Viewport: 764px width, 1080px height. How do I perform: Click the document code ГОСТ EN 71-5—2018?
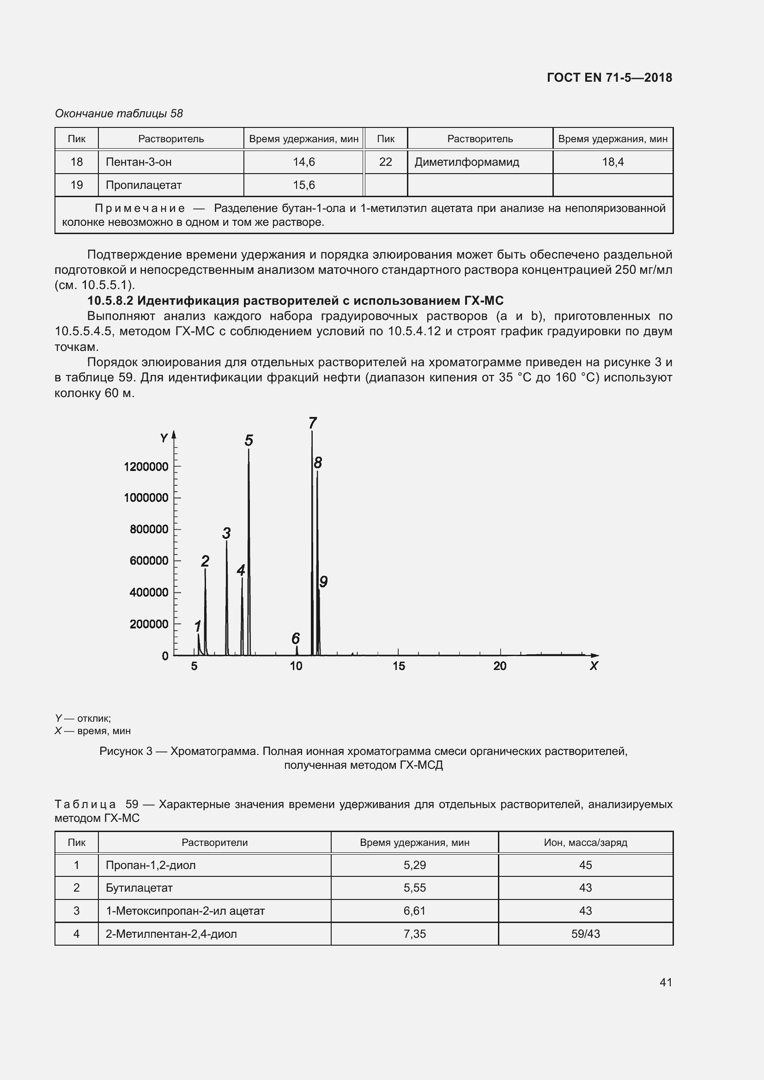[x=609, y=78]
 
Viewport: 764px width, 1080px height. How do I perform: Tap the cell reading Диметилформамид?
[x=467, y=162]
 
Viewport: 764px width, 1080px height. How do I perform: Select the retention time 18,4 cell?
[x=612, y=162]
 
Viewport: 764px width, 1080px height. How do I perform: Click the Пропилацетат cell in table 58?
[x=144, y=185]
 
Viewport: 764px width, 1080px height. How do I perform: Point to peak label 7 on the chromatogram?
[x=313, y=423]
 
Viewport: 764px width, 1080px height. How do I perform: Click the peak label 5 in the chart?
[x=249, y=441]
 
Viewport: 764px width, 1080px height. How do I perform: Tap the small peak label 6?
[x=296, y=638]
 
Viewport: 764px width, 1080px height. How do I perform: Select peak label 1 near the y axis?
[x=198, y=626]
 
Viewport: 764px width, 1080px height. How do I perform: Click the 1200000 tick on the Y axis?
[x=146, y=467]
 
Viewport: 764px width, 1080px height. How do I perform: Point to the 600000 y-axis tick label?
[x=149, y=561]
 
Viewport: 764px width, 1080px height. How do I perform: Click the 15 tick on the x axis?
[x=399, y=666]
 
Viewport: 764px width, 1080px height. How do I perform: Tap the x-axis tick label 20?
[x=500, y=666]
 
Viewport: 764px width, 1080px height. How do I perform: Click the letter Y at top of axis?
[x=164, y=438]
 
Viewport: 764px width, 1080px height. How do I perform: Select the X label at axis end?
[x=594, y=666]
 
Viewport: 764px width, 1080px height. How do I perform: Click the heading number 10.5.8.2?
[x=110, y=301]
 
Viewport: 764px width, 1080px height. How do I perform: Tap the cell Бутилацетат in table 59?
[x=139, y=888]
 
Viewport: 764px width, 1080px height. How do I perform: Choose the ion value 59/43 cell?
[x=585, y=934]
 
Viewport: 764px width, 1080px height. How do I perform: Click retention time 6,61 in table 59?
[x=414, y=911]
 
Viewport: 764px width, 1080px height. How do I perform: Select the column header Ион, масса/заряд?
[x=585, y=843]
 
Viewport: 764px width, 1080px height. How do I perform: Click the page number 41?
[x=666, y=982]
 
